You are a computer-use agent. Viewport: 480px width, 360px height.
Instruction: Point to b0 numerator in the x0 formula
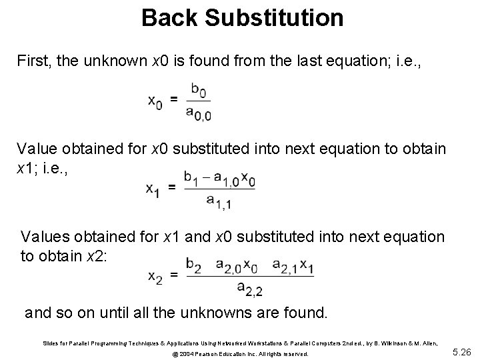point(198,89)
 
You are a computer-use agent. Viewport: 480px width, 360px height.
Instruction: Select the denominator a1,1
point(219,201)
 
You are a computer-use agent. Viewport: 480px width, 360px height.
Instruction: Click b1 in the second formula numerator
point(193,177)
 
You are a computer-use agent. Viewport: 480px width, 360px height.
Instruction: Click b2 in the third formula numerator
point(195,266)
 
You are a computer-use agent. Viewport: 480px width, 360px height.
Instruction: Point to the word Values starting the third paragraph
point(43,237)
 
